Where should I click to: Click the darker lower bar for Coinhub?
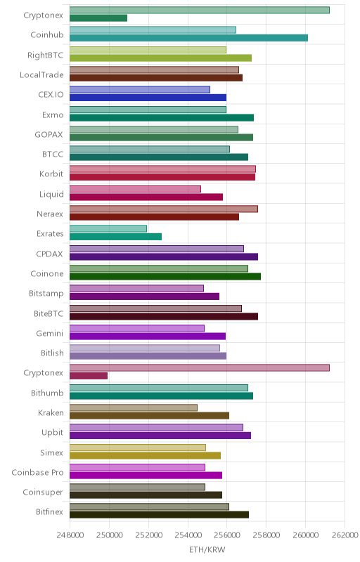[x=188, y=38]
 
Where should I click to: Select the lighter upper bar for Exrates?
[x=108, y=229]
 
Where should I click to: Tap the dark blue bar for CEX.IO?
[x=148, y=98]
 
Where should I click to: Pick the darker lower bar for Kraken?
[x=149, y=416]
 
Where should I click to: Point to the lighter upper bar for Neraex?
[x=164, y=209]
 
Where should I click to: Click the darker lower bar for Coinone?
[x=165, y=276]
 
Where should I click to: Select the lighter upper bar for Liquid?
[x=135, y=189]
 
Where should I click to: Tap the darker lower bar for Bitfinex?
[x=159, y=515]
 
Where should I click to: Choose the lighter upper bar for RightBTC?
[x=148, y=50]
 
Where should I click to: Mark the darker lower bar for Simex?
[x=145, y=455]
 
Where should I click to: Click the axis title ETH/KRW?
[x=207, y=550]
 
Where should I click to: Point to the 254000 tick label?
[x=188, y=535]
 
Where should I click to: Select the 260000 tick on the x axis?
[x=305, y=535]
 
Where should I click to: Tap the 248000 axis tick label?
[x=70, y=535]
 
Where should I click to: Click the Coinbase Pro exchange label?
[x=37, y=472]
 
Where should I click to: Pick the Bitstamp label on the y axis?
[x=46, y=294]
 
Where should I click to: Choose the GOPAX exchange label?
[x=49, y=134]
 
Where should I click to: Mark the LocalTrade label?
[x=41, y=75]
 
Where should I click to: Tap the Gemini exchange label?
[x=49, y=333]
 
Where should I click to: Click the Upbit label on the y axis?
[x=52, y=433]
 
